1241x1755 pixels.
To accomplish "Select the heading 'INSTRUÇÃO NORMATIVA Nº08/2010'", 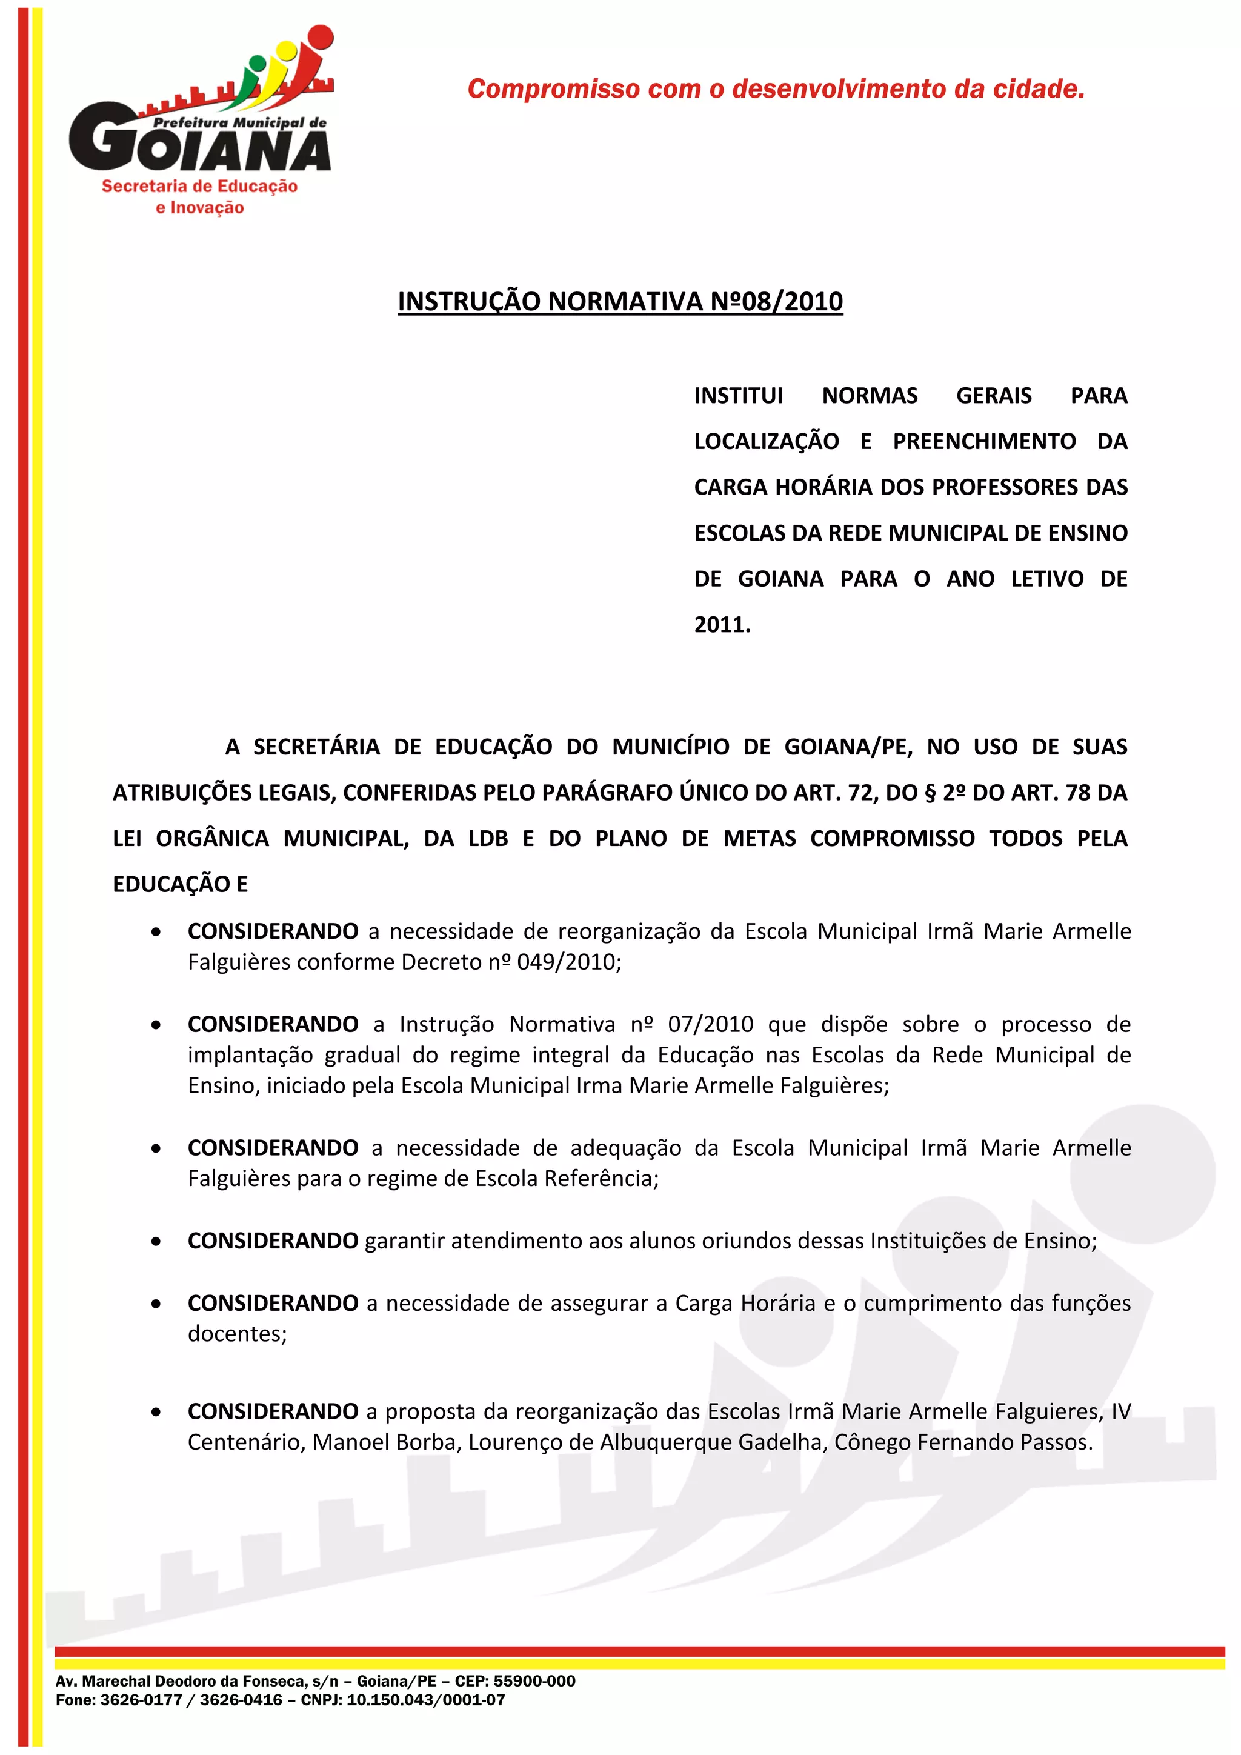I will click(x=620, y=301).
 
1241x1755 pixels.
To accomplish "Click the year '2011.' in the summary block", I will click(x=722, y=625).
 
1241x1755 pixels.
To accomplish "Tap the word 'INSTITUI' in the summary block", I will click(x=738, y=395).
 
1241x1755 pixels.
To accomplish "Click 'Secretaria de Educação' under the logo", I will click(x=199, y=187).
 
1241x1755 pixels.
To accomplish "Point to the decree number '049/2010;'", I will click(x=570, y=962).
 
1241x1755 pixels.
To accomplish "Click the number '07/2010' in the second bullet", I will click(x=711, y=1024).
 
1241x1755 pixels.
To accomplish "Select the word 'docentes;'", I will click(x=238, y=1333).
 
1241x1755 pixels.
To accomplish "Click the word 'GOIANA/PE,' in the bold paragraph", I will click(x=848, y=747).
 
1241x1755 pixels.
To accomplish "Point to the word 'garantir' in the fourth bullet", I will click(x=404, y=1240).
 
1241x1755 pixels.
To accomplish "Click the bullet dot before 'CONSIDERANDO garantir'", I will click(x=156, y=1241).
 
